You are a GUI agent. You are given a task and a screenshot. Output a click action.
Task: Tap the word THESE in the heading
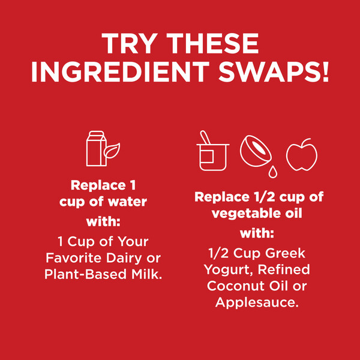(x=212, y=44)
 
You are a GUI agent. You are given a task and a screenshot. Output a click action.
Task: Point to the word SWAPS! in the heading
(x=274, y=71)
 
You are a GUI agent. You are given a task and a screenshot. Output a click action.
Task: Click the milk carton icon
(x=96, y=148)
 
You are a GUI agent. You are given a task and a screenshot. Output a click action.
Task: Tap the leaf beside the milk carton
(x=112, y=151)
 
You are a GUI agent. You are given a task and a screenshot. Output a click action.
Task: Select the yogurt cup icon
(x=213, y=157)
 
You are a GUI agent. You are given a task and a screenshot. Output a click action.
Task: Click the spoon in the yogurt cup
(x=205, y=137)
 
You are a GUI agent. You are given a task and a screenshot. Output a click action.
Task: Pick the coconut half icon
(x=256, y=151)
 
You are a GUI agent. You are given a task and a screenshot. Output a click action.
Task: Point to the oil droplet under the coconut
(x=273, y=172)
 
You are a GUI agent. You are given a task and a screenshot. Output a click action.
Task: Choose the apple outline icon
(x=302, y=155)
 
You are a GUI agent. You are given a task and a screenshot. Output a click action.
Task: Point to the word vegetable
(x=245, y=213)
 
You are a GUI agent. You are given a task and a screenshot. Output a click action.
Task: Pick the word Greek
(x=286, y=253)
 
